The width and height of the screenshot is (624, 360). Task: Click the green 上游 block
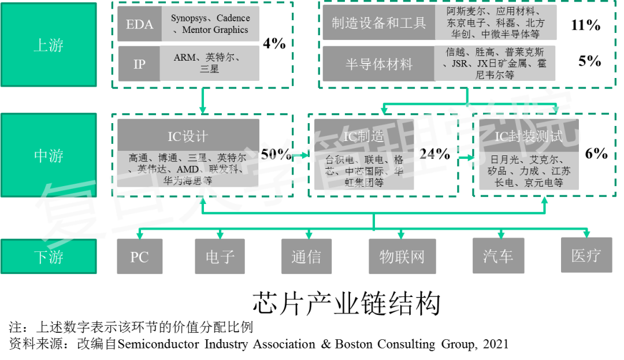click(x=49, y=44)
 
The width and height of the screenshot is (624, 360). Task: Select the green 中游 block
click(x=49, y=155)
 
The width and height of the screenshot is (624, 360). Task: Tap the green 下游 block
click(x=49, y=257)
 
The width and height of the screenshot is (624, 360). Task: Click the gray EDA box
click(x=139, y=24)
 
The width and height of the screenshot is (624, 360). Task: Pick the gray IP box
click(x=139, y=64)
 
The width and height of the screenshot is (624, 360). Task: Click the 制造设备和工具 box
click(x=378, y=23)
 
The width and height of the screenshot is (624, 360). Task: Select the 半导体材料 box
click(x=378, y=64)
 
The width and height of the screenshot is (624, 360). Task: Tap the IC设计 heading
click(x=188, y=136)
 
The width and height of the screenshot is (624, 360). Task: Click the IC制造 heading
click(x=364, y=136)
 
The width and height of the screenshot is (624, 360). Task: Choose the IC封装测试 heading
click(x=528, y=136)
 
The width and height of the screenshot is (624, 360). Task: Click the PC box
click(x=139, y=257)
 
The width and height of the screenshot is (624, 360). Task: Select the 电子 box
click(x=220, y=257)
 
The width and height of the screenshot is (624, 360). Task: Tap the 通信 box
click(x=306, y=257)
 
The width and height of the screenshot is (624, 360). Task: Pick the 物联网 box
click(x=402, y=257)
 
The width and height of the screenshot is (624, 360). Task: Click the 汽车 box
click(x=498, y=255)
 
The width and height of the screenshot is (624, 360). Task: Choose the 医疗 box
click(x=586, y=255)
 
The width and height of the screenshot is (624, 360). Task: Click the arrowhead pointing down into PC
click(x=139, y=235)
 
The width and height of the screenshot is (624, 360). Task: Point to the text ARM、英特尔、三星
click(x=209, y=63)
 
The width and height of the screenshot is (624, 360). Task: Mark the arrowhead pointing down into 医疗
click(x=586, y=233)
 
